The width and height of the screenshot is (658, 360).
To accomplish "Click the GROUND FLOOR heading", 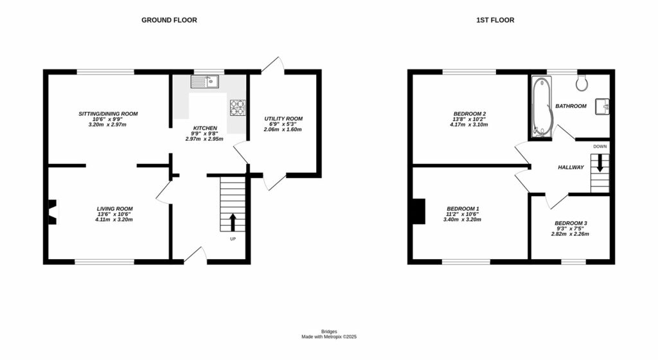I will point(169,20).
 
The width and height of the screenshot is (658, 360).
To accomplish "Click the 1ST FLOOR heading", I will point(495,20).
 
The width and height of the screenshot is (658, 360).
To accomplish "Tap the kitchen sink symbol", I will point(205,81).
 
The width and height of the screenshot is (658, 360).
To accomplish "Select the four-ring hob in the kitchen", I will point(238,107).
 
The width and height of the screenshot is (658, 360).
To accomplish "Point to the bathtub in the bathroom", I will point(542,107).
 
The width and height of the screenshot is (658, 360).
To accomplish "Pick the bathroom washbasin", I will point(602,105).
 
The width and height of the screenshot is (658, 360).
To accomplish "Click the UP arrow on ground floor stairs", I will point(233,222).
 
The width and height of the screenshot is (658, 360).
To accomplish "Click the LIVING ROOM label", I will point(114,209).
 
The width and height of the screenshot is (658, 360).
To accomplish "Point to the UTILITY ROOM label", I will point(283,119).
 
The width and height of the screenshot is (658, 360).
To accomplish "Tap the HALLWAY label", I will point(570,168).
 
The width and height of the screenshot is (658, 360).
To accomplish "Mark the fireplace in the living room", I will point(53,210).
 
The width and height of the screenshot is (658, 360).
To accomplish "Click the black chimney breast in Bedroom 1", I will point(418,212).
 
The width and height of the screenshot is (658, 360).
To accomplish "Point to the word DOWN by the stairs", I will point(600,147).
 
